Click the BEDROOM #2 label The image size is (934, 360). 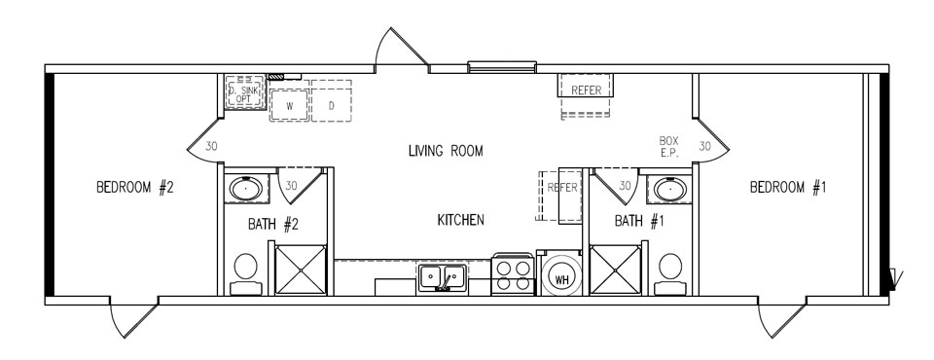click(134, 188)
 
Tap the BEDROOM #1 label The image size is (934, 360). click(788, 188)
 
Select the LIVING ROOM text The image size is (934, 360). click(446, 151)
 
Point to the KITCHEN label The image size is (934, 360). click(461, 221)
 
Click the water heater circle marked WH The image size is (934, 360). click(561, 278)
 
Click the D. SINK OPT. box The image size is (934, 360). click(242, 94)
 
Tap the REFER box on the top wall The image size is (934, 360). click(587, 90)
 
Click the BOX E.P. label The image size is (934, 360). click(668, 147)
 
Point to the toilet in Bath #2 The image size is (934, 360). click(245, 270)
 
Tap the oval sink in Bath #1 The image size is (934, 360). click(666, 187)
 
